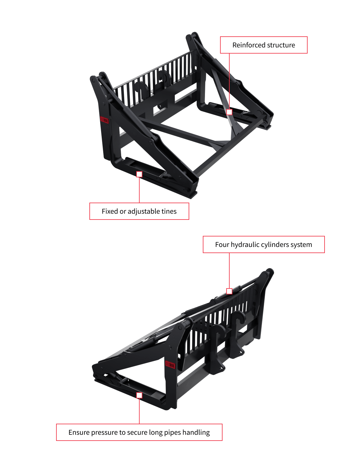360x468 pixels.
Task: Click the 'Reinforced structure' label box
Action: [264, 45]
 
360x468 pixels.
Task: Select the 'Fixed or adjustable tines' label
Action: [139, 211]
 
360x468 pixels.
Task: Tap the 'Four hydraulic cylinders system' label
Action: [264, 244]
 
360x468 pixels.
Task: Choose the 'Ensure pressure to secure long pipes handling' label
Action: [139, 432]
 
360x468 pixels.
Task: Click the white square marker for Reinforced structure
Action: [229, 112]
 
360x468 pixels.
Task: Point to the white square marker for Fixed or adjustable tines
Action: [139, 174]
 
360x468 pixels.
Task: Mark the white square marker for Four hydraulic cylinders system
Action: [229, 291]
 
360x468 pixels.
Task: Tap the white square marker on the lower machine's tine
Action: [139, 395]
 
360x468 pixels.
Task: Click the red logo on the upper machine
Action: [104, 120]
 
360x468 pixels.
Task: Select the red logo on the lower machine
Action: [170, 365]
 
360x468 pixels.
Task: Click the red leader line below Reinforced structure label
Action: [229, 80]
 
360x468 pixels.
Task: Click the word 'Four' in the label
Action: [222, 244]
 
